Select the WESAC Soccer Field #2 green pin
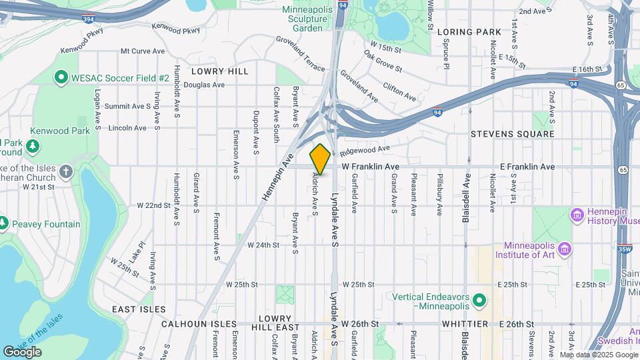[61, 78]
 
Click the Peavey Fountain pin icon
[3, 222]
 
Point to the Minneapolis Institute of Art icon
[565, 249]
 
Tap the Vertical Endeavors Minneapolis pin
[479, 301]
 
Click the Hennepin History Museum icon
[577, 215]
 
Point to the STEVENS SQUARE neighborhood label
[521, 134]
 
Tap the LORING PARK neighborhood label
[469, 32]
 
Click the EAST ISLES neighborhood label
[139, 309]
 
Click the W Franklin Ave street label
[371, 167]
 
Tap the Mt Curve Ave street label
[142, 51]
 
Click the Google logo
[22, 351]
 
